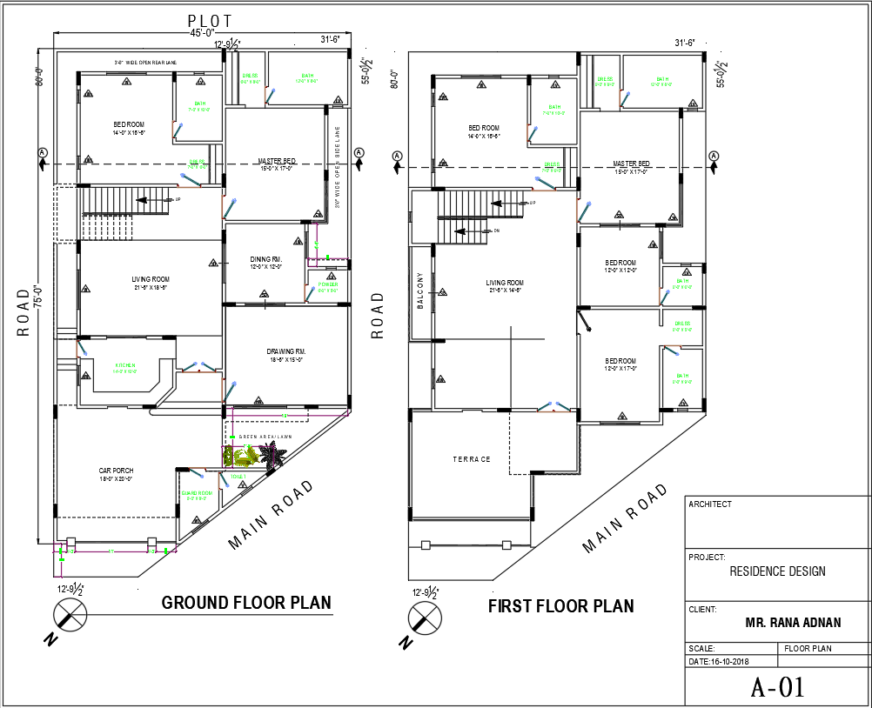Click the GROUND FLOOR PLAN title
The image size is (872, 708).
click(x=246, y=603)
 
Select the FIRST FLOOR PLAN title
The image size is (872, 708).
click(x=560, y=605)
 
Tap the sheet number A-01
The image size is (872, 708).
click(x=777, y=686)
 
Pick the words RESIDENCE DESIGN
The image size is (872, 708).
click(x=777, y=571)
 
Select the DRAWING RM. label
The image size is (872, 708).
click(x=286, y=351)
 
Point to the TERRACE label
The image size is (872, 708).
click(x=471, y=459)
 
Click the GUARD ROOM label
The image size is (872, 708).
click(x=198, y=493)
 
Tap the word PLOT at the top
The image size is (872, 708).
click(x=210, y=19)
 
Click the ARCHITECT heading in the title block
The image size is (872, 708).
click(x=710, y=504)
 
